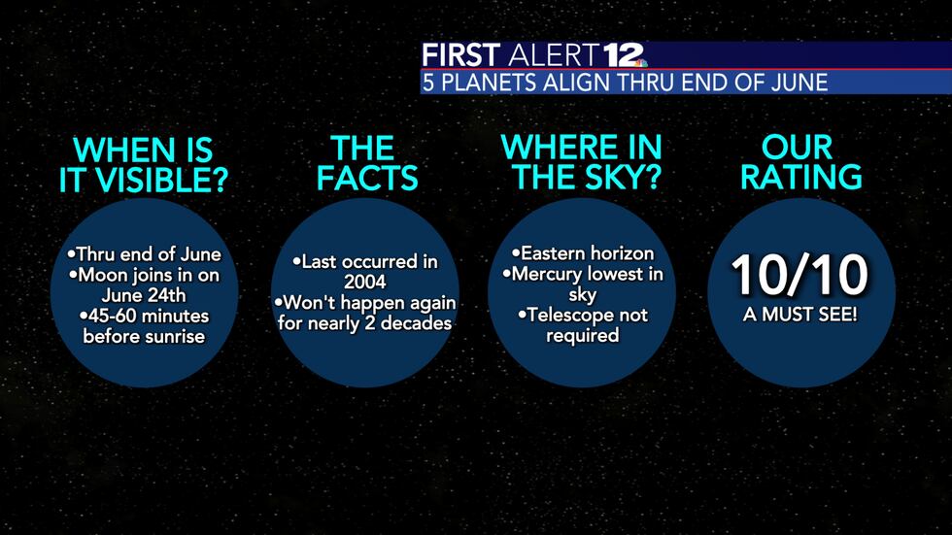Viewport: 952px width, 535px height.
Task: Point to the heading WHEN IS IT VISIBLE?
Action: [144, 165]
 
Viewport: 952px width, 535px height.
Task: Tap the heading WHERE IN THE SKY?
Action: [581, 163]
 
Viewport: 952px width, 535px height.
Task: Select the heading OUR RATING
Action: [798, 163]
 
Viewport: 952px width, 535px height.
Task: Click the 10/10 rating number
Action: [799, 276]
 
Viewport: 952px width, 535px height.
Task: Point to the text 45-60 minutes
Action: [145, 317]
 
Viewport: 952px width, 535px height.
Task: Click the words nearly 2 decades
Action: [396, 323]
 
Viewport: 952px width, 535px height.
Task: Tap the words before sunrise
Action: [144, 337]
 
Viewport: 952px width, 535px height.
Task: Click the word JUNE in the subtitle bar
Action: [800, 83]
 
